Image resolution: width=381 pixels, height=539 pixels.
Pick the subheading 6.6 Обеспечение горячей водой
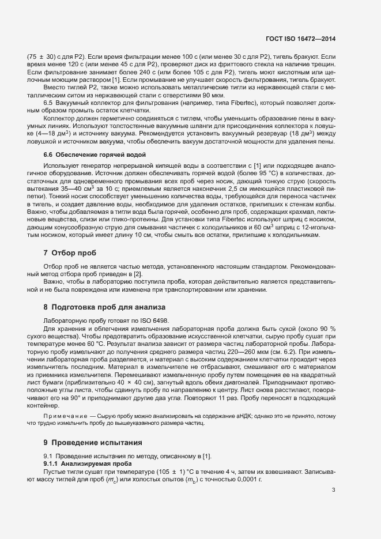tap(95, 155)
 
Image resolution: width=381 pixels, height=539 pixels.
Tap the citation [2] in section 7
tap(137, 273)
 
